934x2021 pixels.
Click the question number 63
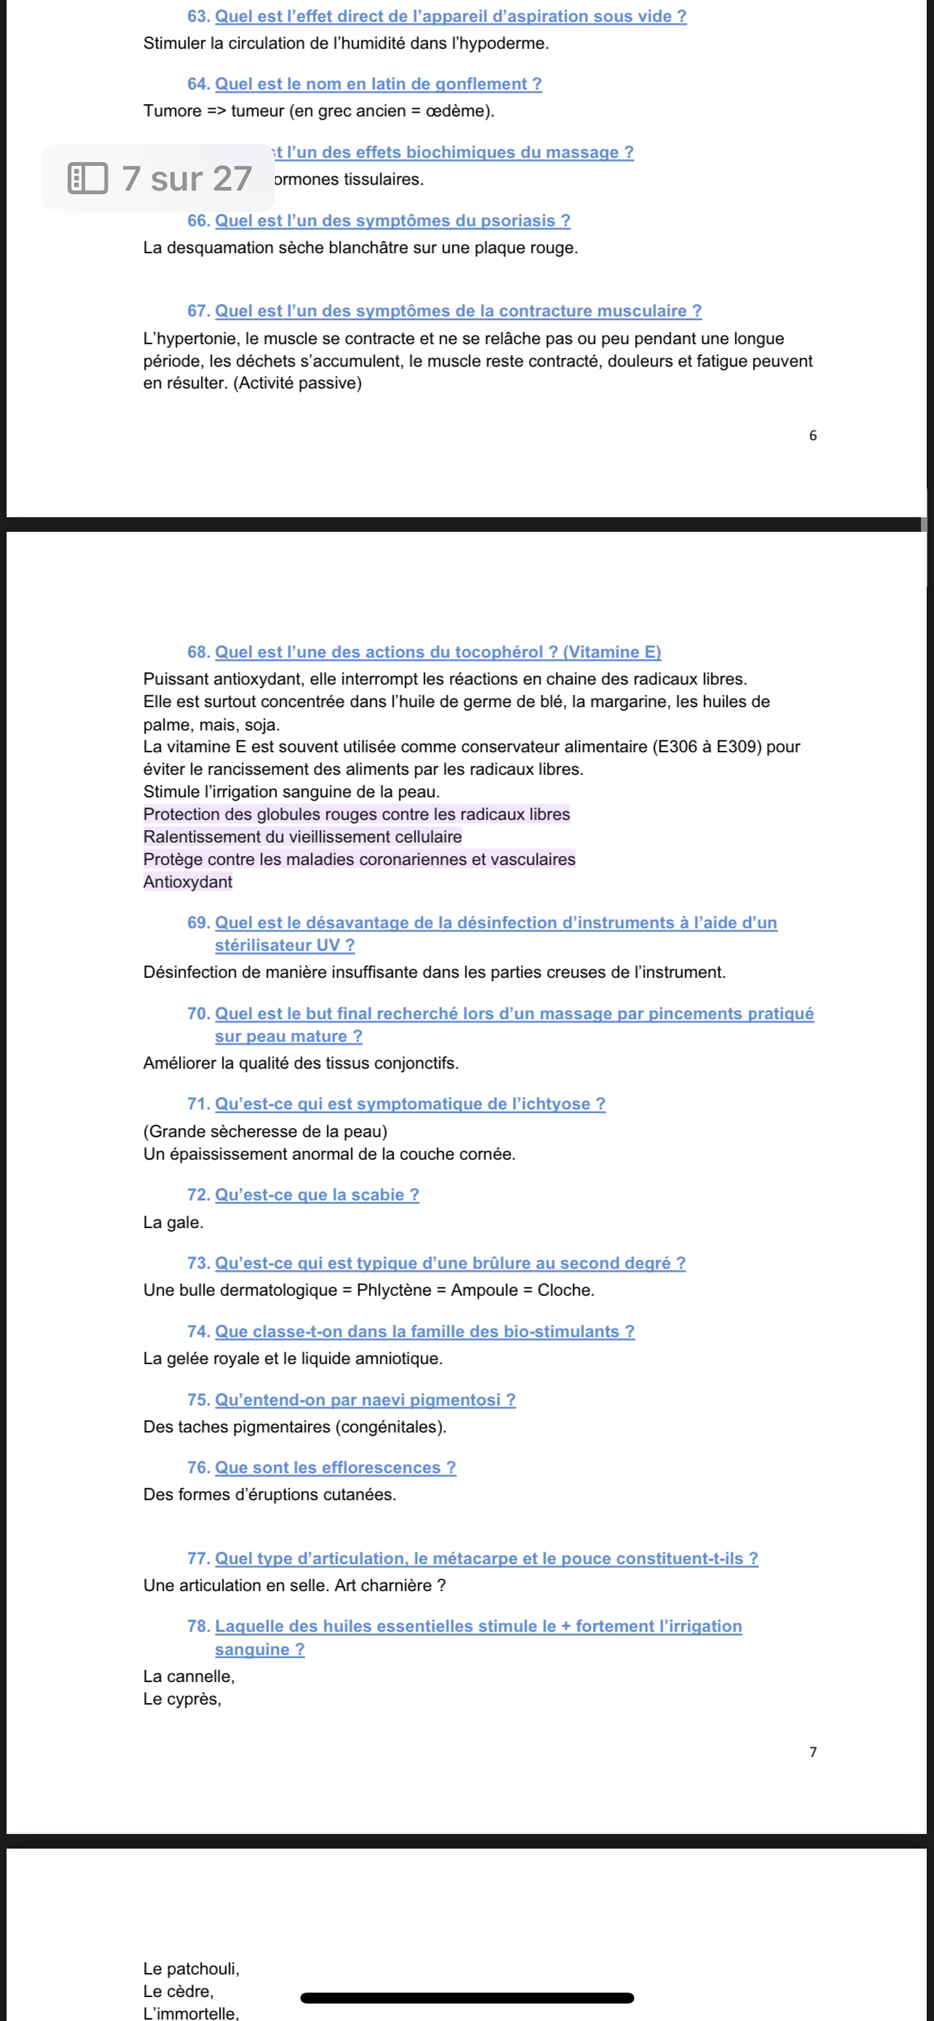(198, 17)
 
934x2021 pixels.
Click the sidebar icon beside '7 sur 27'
(88, 179)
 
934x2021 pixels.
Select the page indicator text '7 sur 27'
(187, 179)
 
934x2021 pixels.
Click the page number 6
(813, 436)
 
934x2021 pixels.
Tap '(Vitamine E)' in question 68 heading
(612, 652)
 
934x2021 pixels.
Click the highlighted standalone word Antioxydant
(188, 882)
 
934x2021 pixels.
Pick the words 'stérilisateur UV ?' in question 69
(284, 945)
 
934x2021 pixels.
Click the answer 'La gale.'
(173, 1222)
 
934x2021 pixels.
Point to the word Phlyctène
(394, 1291)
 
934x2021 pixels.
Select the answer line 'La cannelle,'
(189, 1677)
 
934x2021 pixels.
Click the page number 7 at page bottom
(813, 1752)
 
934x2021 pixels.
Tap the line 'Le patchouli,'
(191, 1969)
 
